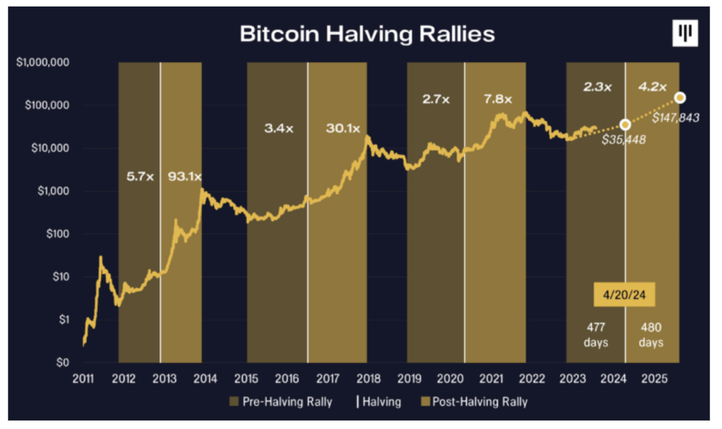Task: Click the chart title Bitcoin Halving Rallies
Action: point(367,33)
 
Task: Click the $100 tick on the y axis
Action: point(57,234)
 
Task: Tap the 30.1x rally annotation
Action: point(343,128)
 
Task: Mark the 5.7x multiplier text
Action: point(141,177)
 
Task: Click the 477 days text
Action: point(596,335)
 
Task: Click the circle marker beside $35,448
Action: point(625,125)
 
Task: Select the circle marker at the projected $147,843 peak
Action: point(680,97)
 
